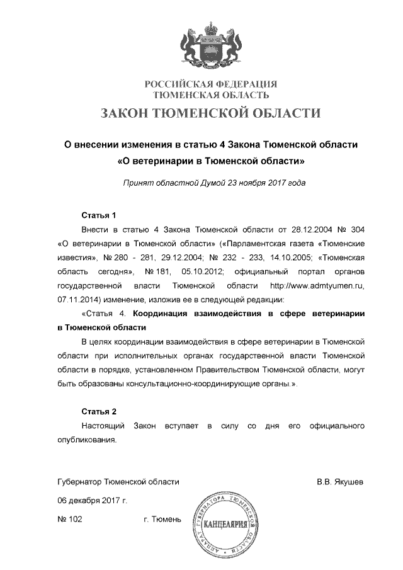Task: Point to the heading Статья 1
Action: click(x=99, y=215)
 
